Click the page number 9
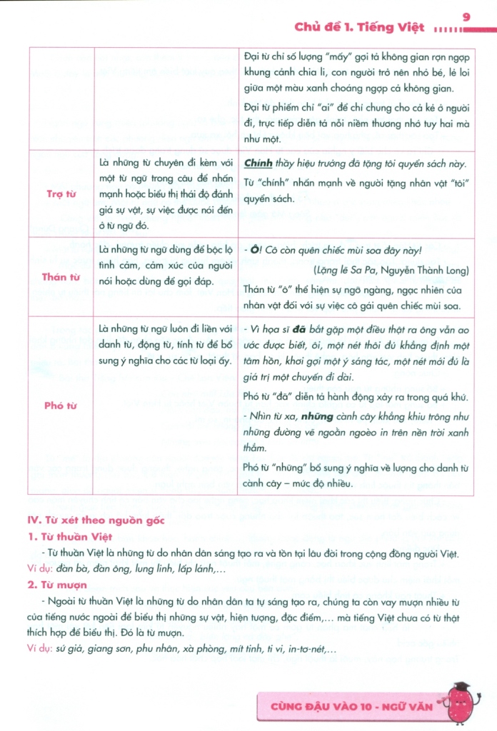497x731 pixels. coord(467,16)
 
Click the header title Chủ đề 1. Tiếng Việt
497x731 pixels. coord(359,29)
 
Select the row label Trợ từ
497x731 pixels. coord(61,193)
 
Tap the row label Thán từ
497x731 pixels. coord(61,277)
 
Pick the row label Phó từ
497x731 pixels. coord(61,405)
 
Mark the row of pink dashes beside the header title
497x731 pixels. coord(448,29)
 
